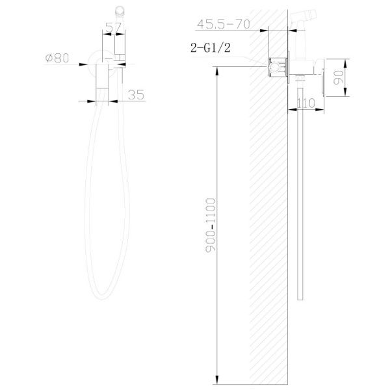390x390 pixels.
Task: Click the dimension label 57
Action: pyautogui.click(x=113, y=27)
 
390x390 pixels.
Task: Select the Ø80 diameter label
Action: pyautogui.click(x=57, y=58)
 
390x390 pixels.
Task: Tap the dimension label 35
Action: pyautogui.click(x=136, y=95)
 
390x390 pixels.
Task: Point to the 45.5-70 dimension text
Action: pyautogui.click(x=224, y=24)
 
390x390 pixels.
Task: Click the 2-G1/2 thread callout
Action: pyautogui.click(x=211, y=47)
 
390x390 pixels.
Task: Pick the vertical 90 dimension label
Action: pyautogui.click(x=338, y=77)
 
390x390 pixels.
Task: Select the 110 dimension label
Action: pyautogui.click(x=306, y=103)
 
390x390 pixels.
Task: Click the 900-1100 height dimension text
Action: pyautogui.click(x=211, y=226)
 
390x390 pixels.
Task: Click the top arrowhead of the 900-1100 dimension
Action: pyautogui.click(x=217, y=71)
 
